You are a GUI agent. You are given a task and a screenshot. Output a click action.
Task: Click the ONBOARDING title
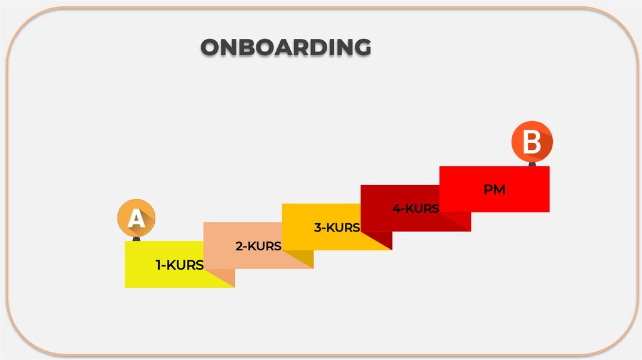point(285,48)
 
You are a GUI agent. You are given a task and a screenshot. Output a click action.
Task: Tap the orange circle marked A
point(136,218)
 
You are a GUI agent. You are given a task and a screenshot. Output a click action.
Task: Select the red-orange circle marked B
point(532,142)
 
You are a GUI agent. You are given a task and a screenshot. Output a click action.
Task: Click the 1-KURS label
point(180,265)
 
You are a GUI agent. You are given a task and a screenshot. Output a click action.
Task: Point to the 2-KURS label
point(258,246)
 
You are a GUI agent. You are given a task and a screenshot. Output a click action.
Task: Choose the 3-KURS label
point(337,228)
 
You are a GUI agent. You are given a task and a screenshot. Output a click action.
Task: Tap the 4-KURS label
point(416,209)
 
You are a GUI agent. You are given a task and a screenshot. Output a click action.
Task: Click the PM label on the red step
point(494,189)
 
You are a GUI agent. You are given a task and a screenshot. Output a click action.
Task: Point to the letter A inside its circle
point(136,220)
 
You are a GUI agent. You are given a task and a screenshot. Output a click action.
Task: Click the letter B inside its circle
point(532,142)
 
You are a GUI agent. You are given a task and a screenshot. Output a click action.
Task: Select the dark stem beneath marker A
point(136,238)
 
